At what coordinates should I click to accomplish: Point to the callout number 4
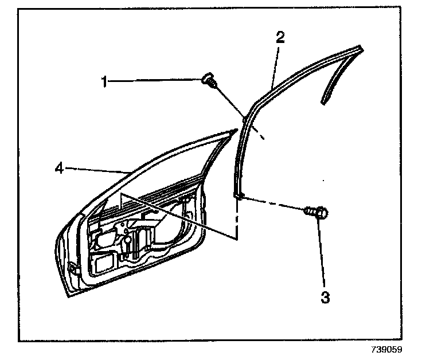[x=58, y=167]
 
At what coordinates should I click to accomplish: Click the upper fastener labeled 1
[x=210, y=82]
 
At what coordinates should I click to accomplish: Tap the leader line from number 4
[x=97, y=169]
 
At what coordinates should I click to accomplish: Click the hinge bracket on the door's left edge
[x=71, y=267]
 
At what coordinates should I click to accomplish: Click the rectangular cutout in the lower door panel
[x=104, y=264]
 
